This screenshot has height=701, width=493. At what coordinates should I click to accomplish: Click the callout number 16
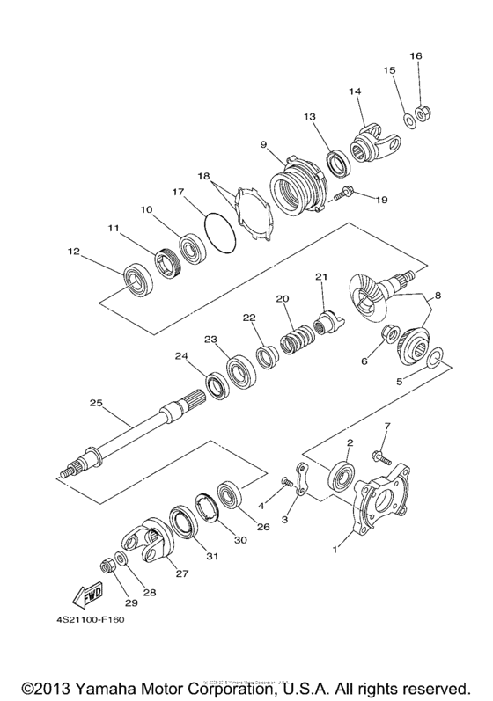pos(416,55)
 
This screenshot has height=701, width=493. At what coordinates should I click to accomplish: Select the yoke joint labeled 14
pos(374,142)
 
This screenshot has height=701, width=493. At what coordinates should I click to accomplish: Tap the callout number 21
pos(321,277)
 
